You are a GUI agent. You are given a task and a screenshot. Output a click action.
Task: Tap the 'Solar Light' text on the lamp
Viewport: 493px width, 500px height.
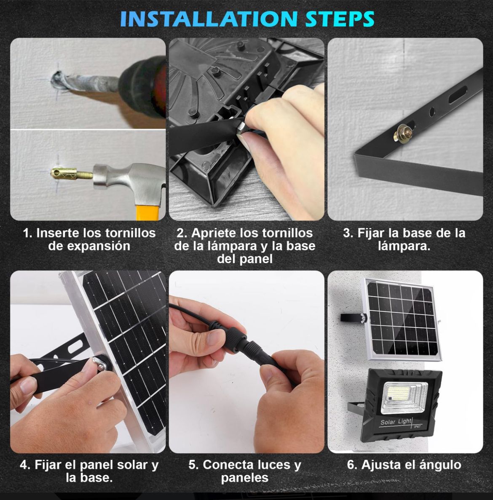(396, 422)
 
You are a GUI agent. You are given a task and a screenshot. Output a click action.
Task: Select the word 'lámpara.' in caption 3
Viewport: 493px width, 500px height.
(404, 246)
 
